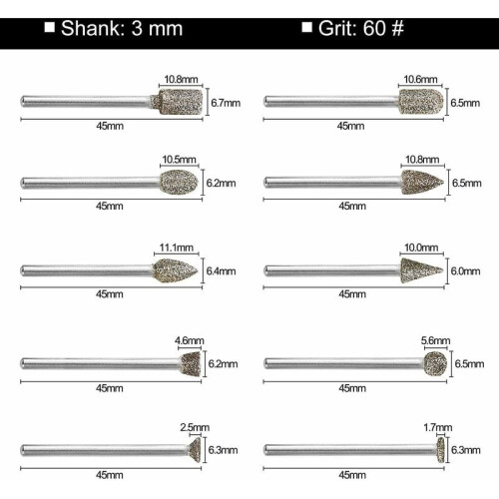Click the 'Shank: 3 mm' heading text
[x=122, y=28]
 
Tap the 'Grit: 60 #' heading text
[x=361, y=28]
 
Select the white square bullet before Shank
[x=50, y=27]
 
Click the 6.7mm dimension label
[x=226, y=103]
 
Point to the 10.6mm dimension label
[x=420, y=80]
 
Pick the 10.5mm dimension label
[x=179, y=160]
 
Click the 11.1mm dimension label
[x=177, y=248]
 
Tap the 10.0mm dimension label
[x=421, y=248]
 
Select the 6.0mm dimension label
[x=465, y=271]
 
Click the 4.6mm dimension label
[x=190, y=340]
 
